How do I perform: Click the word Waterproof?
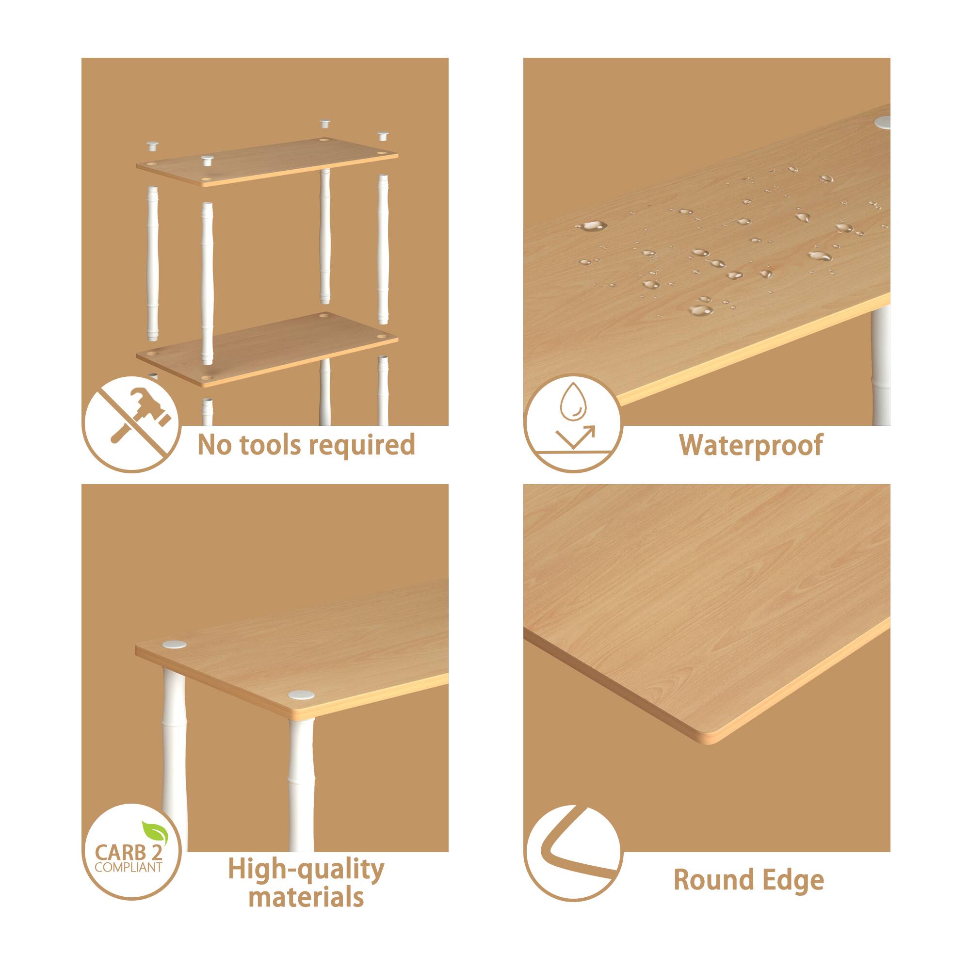click(751, 445)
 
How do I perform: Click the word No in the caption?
click(212, 445)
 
